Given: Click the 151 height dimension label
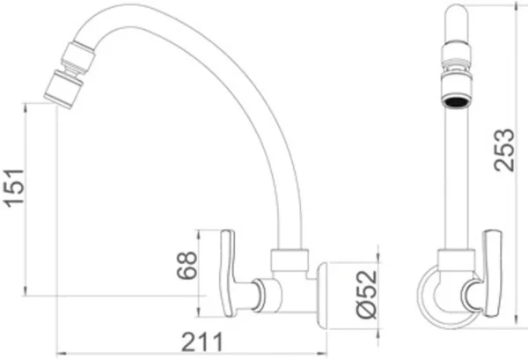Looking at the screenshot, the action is (x=14, y=187).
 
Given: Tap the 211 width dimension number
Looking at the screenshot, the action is (x=202, y=342).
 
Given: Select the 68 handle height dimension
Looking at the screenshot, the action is (x=187, y=265).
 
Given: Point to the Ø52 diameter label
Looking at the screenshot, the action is (x=367, y=294).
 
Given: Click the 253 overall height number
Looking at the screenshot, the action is (x=504, y=150).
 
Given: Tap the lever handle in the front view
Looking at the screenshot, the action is (x=492, y=273).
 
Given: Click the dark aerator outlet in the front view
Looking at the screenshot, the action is (x=456, y=101).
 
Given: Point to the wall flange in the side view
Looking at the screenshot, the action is (x=323, y=296).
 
